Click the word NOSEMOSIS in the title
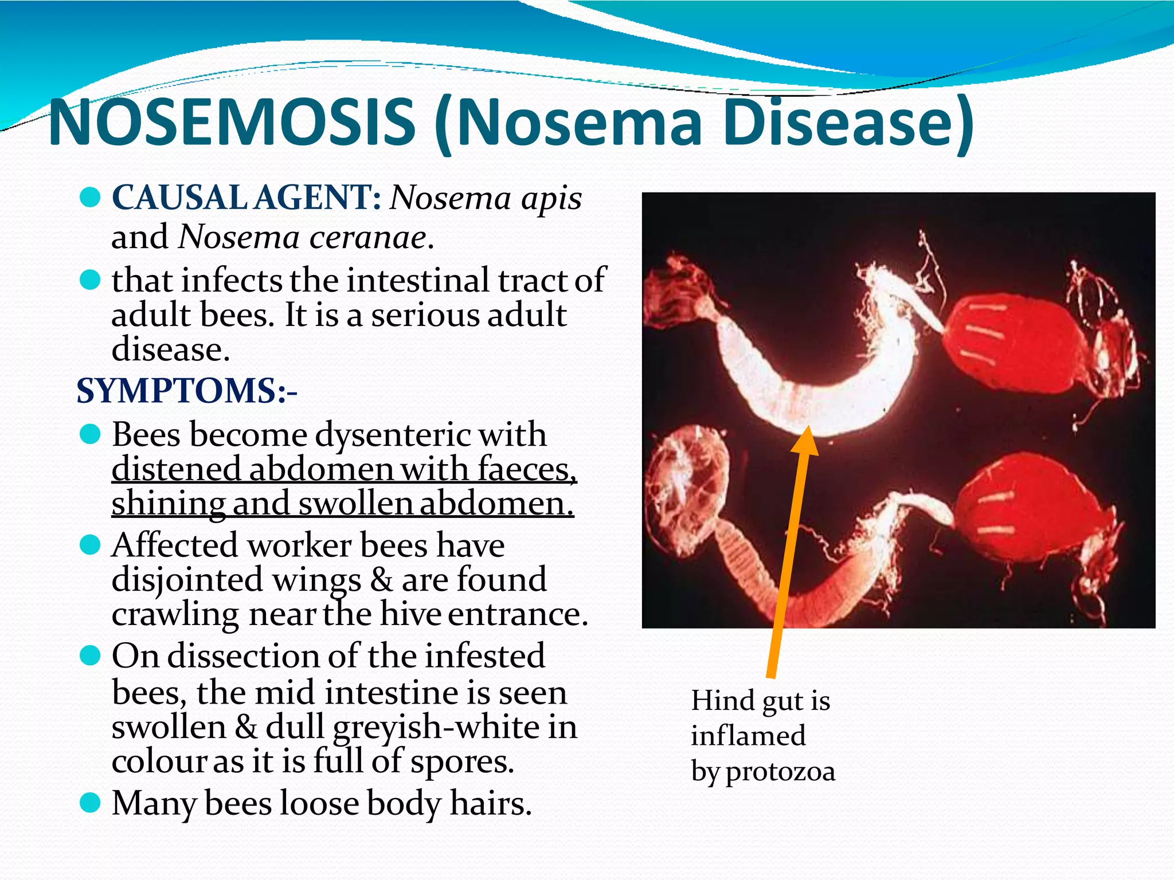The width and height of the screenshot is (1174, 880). tap(232, 121)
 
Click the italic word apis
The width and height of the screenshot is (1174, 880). tap(551, 199)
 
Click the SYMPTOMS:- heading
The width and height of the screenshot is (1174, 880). tap(187, 391)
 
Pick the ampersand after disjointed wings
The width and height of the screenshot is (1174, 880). tap(381, 580)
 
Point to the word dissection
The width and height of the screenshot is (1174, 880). tap(263, 656)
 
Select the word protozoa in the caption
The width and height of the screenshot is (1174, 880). tap(781, 771)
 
